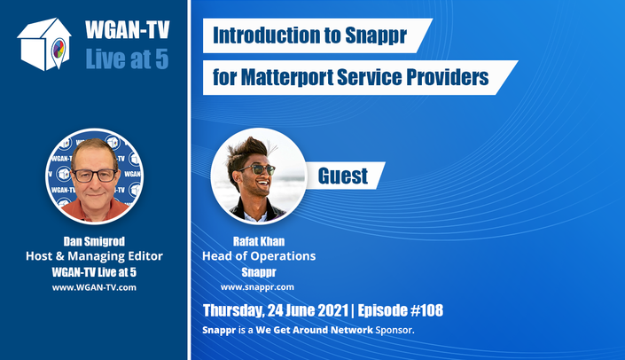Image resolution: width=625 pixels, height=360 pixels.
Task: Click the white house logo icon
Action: [x=43, y=44]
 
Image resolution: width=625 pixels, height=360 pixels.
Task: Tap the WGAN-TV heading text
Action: [x=127, y=30]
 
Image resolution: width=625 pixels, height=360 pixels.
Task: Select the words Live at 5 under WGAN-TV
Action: [x=127, y=59]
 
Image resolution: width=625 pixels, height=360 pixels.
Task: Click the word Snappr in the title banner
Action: [x=376, y=35]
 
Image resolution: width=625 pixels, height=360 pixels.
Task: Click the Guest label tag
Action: [x=343, y=176]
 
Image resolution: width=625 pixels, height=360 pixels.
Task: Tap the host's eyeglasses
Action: [x=95, y=175]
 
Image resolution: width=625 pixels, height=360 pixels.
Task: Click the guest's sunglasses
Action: [x=258, y=169]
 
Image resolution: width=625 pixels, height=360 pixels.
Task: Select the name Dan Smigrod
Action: [x=94, y=241]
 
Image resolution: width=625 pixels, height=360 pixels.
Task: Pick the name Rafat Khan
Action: [x=259, y=241]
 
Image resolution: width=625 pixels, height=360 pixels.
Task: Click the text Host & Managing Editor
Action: [x=94, y=256]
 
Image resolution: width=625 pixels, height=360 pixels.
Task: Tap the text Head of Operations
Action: [x=259, y=256]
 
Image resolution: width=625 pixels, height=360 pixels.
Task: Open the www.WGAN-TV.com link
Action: [x=94, y=287]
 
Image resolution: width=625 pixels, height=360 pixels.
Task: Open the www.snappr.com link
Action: [x=257, y=287]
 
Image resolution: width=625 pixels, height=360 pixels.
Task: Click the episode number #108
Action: [x=426, y=310]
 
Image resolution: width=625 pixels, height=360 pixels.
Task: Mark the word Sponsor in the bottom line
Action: [x=395, y=330]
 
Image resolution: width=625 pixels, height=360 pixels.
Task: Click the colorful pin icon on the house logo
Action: [x=59, y=51]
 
